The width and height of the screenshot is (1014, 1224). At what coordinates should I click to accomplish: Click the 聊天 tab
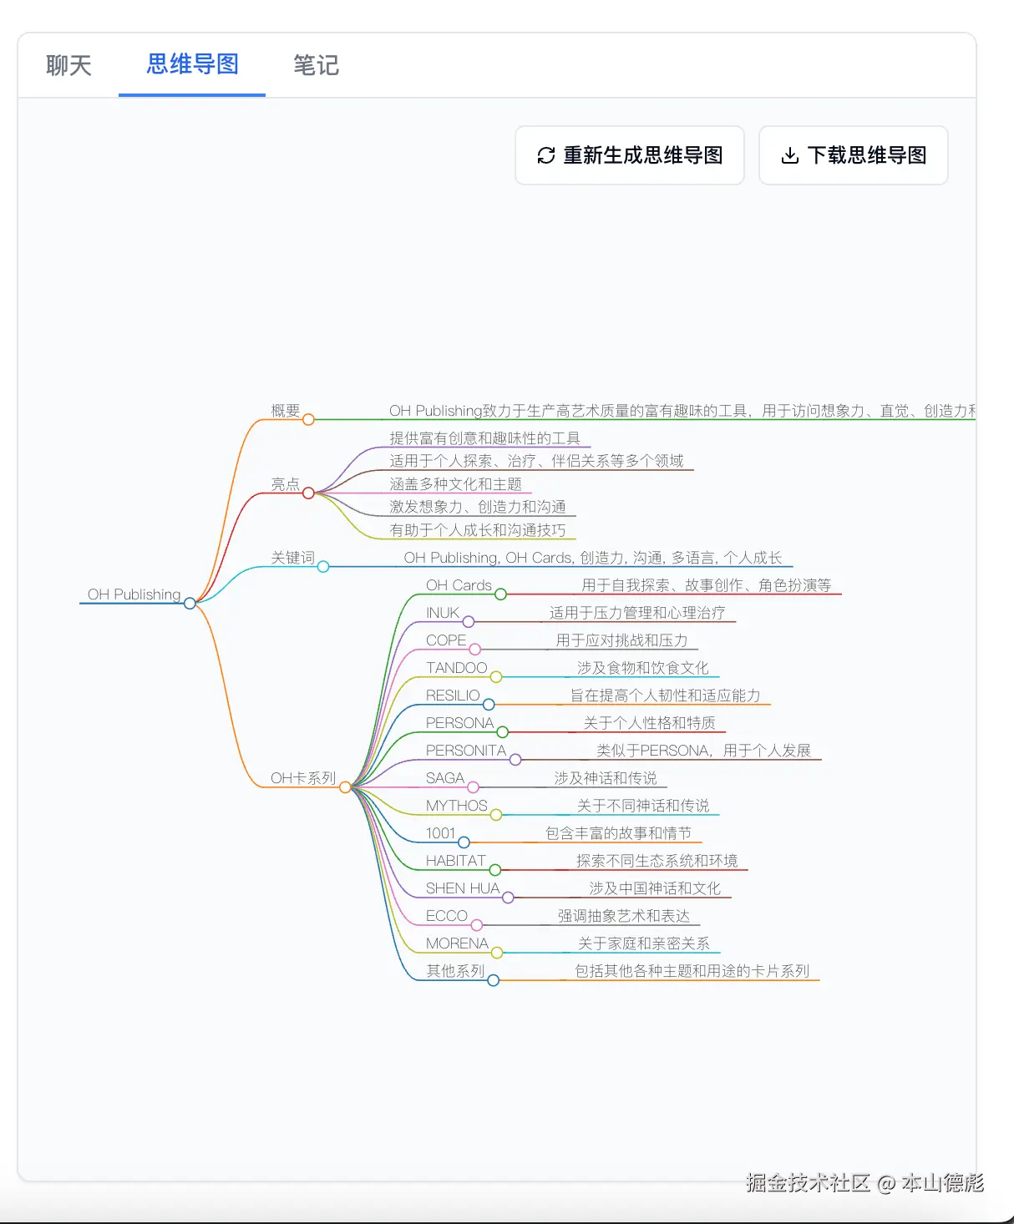pyautogui.click(x=68, y=65)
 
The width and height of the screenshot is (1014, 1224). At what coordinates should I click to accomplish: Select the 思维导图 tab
pyautogui.click(x=193, y=64)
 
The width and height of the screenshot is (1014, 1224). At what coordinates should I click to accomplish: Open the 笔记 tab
pyautogui.click(x=316, y=65)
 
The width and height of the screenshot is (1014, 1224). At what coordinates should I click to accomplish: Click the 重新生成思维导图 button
pyautogui.click(x=630, y=155)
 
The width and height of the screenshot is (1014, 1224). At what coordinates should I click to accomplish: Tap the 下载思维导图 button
pyautogui.click(x=853, y=155)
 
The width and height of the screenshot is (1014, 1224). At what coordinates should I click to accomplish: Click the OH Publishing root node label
pyautogui.click(x=134, y=594)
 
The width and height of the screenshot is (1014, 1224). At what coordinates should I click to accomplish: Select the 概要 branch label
pyautogui.click(x=285, y=411)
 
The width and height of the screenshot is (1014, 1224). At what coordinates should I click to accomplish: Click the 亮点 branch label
pyautogui.click(x=285, y=484)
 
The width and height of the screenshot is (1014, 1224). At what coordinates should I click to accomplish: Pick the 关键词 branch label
pyautogui.click(x=292, y=558)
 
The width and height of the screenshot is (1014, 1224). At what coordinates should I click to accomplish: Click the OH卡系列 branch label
pyautogui.click(x=302, y=778)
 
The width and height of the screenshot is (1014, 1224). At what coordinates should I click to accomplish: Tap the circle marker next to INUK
pyautogui.click(x=469, y=622)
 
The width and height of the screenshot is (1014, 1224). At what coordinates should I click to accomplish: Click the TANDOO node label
pyautogui.click(x=456, y=668)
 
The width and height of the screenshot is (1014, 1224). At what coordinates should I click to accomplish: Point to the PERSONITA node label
pyautogui.click(x=466, y=751)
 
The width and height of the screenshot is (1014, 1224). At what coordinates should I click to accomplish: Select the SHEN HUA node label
pyautogui.click(x=463, y=888)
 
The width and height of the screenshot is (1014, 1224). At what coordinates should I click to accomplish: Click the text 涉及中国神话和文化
pyautogui.click(x=655, y=888)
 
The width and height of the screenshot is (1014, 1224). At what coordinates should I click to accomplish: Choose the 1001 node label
pyautogui.click(x=440, y=833)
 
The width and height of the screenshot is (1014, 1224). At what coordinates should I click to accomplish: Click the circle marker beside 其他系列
pyautogui.click(x=494, y=980)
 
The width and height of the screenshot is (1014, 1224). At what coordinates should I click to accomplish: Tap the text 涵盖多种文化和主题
pyautogui.click(x=455, y=484)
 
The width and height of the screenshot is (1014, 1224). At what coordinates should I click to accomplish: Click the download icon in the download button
pyautogui.click(x=789, y=155)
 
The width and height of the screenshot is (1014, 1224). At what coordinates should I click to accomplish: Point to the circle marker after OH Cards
pyautogui.click(x=500, y=594)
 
